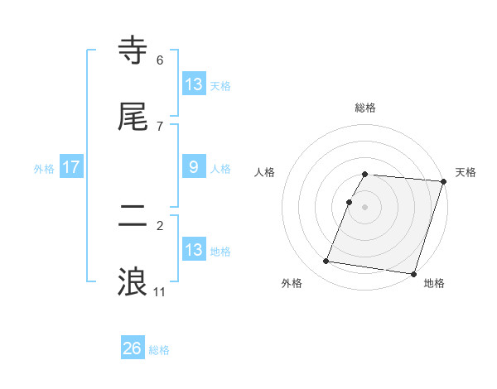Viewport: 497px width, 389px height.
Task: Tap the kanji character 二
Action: pos(134,216)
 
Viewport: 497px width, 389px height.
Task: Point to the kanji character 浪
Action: pos(134,281)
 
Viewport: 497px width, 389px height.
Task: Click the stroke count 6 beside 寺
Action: pos(159,60)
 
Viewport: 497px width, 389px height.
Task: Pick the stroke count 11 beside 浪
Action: pos(159,292)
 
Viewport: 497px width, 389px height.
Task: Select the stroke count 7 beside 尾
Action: pos(159,127)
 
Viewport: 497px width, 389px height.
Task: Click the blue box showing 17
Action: pos(71,168)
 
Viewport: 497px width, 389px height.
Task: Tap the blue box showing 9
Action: pos(193,167)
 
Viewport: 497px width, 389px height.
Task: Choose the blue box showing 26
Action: pos(133,348)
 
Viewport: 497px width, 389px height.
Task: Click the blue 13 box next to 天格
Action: pos(193,84)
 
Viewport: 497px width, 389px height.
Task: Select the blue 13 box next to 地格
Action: pos(193,250)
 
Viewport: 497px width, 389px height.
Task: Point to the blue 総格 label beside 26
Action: pos(160,350)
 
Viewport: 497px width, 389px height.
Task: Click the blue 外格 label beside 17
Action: pos(44,169)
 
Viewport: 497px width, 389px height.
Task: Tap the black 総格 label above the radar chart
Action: pos(365,108)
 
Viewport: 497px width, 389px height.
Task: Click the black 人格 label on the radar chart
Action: pos(264,172)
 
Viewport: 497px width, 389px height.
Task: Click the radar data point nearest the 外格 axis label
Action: pos(326,262)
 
